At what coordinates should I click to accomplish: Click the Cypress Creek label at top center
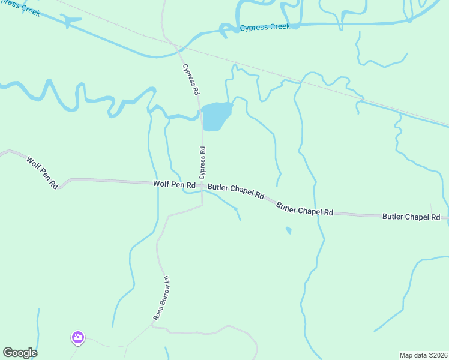(x=265, y=27)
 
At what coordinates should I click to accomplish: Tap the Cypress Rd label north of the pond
(x=191, y=79)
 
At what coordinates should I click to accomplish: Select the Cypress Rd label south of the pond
(x=203, y=163)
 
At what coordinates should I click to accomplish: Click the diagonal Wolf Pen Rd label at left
(x=42, y=173)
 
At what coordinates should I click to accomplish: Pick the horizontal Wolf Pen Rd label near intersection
(x=174, y=185)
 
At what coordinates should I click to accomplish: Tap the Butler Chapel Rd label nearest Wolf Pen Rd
(x=236, y=191)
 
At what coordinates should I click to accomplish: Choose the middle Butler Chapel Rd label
(x=304, y=209)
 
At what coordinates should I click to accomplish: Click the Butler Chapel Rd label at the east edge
(x=411, y=217)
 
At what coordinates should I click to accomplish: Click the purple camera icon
(x=77, y=338)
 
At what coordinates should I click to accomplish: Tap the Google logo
(x=20, y=353)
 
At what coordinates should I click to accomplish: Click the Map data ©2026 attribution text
(x=423, y=355)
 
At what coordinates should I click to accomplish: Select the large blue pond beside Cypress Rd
(x=216, y=116)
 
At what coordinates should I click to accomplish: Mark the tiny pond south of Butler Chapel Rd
(x=289, y=230)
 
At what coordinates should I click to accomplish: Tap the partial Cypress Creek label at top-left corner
(x=21, y=7)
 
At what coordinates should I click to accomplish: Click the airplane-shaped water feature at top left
(x=72, y=22)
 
